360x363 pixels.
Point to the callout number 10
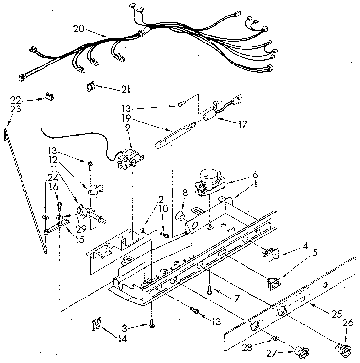pyautogui.click(x=164, y=209)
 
